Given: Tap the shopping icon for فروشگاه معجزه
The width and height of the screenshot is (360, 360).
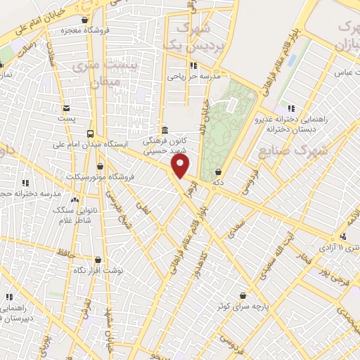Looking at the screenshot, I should coord(85,21).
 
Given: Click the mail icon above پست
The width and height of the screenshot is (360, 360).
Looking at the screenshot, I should coord(66,108).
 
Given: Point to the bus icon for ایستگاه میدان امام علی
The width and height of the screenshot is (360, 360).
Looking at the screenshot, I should coord(90,134).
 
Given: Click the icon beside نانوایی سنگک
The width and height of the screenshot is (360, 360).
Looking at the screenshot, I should coord(75,200).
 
